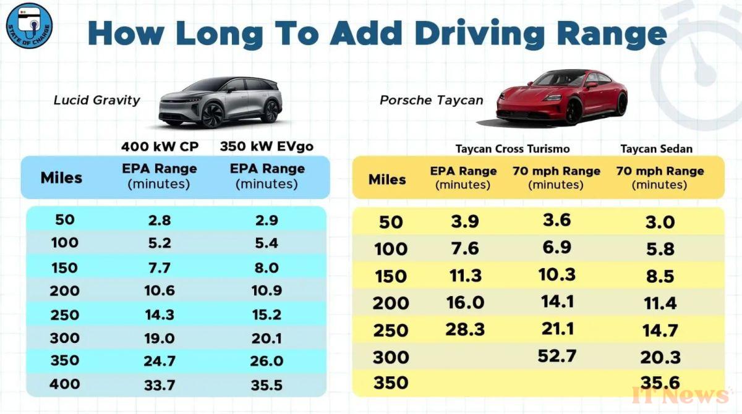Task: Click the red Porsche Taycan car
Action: click(x=561, y=97)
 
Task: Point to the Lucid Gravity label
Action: click(x=97, y=100)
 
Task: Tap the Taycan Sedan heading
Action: click(x=656, y=148)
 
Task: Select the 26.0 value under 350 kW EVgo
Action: click(x=267, y=361)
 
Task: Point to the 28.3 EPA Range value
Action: click(x=464, y=329)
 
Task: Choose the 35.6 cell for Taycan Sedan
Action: click(x=660, y=384)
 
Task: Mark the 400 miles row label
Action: click(x=64, y=385)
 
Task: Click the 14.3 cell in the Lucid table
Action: click(x=159, y=314)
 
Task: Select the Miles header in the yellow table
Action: click(x=387, y=179)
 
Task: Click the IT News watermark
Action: click(x=680, y=395)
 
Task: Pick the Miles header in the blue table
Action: click(x=61, y=178)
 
